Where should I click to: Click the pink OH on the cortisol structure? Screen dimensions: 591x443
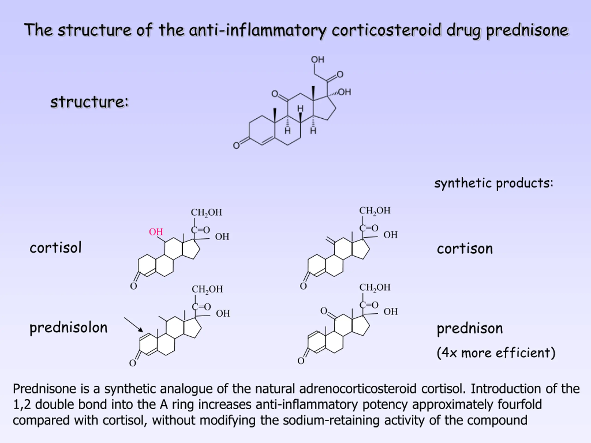[156, 232]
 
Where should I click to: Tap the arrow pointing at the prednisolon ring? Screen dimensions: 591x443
[134, 325]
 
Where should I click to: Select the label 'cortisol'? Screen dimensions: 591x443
[56, 248]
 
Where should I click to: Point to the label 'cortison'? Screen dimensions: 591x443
[465, 249]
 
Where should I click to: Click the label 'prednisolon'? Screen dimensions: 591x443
[68, 328]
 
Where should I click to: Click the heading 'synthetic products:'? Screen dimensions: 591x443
[494, 183]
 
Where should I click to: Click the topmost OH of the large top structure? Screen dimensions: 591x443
[317, 59]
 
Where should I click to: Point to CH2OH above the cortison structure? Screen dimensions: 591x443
[375, 211]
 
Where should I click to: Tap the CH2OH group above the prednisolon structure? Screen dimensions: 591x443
[207, 289]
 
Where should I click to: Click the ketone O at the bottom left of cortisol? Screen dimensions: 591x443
[134, 286]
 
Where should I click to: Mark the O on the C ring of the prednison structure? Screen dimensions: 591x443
[324, 311]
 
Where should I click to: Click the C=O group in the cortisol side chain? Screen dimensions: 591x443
[200, 230]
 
